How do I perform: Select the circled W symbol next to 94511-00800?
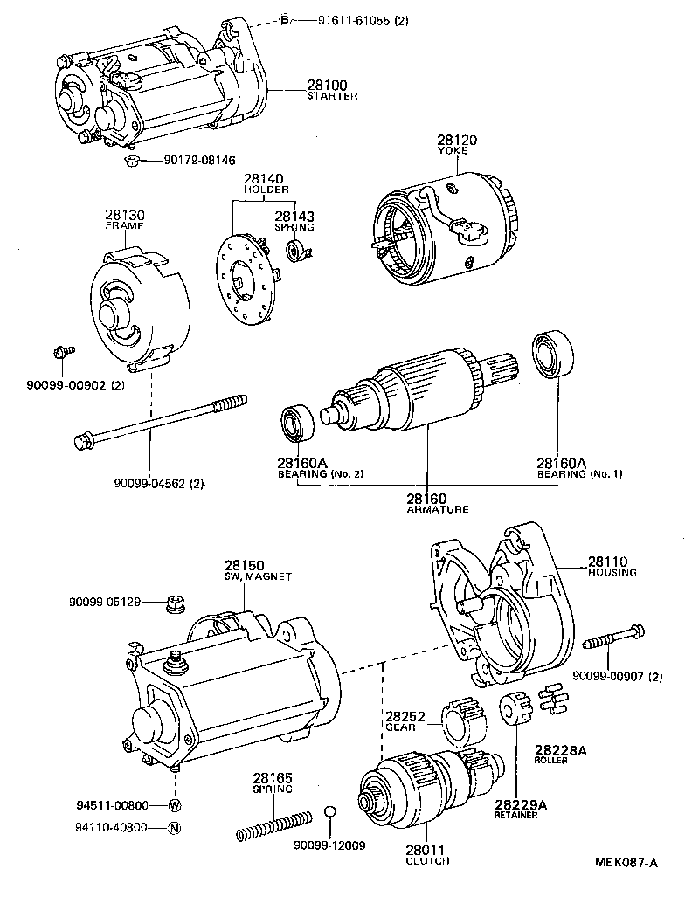point(174,805)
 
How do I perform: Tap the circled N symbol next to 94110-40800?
point(174,828)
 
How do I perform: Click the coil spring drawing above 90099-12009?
point(274,825)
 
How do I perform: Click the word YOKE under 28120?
point(452,150)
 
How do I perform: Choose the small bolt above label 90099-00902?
point(63,352)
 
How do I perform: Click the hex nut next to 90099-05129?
point(174,602)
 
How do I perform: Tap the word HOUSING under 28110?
point(612,573)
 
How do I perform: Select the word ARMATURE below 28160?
point(437,508)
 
